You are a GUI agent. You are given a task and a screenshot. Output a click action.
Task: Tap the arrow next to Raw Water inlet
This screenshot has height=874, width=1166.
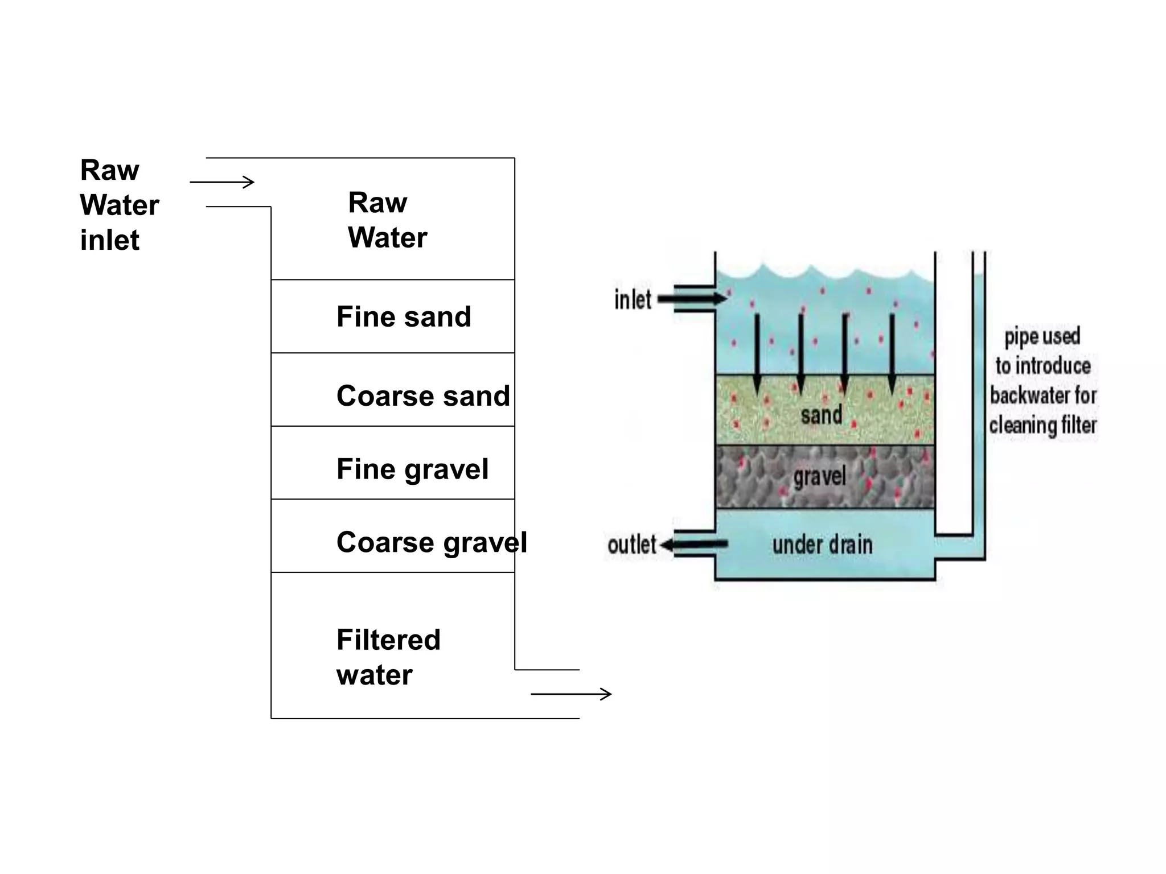tap(222, 182)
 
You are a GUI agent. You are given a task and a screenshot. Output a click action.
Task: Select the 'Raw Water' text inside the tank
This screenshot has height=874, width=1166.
tap(387, 220)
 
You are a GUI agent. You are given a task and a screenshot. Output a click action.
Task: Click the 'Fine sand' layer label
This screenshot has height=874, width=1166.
tap(404, 317)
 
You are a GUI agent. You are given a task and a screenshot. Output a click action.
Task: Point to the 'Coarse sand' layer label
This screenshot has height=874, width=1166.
tap(423, 396)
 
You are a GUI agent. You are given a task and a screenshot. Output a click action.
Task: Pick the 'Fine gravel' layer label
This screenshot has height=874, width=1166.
tap(412, 469)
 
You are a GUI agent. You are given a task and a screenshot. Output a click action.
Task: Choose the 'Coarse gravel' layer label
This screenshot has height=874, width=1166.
tap(432, 542)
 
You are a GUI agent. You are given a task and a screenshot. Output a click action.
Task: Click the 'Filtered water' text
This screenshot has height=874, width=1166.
tap(388, 657)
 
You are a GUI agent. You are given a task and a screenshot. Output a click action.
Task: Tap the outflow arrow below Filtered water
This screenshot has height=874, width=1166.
tap(571, 694)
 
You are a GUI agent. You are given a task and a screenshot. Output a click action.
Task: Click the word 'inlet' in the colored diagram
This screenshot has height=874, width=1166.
tap(633, 300)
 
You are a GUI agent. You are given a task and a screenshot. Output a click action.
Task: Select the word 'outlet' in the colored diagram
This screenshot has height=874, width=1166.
tap(631, 545)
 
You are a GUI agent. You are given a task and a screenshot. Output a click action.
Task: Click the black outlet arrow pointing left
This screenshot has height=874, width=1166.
tap(693, 545)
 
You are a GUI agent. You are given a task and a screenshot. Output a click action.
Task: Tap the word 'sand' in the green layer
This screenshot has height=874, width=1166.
tap(821, 415)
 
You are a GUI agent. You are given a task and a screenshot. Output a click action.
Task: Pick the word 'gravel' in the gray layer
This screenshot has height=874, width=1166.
tap(819, 477)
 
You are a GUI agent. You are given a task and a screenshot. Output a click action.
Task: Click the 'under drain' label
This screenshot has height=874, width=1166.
tap(822, 545)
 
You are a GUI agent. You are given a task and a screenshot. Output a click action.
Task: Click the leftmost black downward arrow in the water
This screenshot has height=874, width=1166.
tap(757, 353)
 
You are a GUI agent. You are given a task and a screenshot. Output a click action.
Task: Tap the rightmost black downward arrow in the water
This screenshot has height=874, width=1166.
tap(892, 353)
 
